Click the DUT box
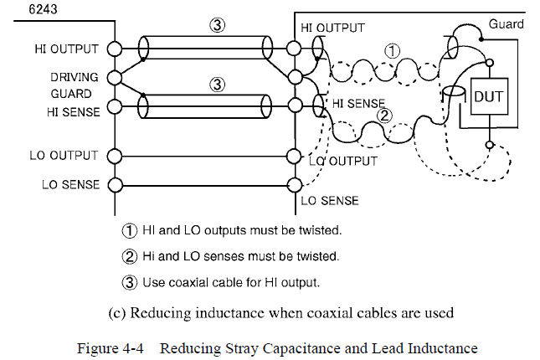[488, 96]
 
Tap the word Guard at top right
[506, 24]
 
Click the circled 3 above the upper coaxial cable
[217, 24]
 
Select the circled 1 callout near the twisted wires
[391, 51]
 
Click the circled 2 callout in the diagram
[384, 115]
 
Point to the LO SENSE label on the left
[70, 184]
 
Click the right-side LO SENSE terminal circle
[293, 184]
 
